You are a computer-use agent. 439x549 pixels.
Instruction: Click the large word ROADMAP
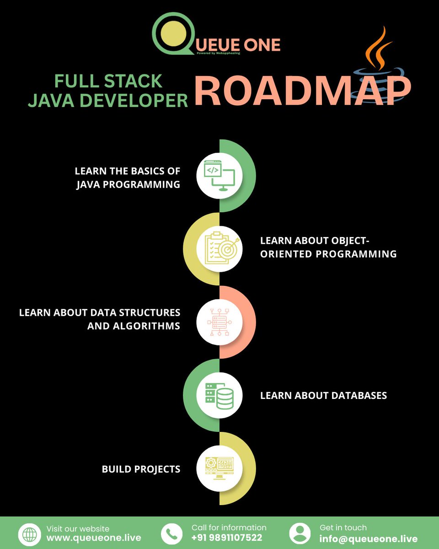click(302, 92)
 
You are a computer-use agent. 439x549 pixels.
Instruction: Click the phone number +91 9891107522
click(227, 538)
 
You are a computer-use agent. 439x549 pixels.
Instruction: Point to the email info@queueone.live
click(369, 538)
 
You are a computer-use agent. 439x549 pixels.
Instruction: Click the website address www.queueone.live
click(94, 538)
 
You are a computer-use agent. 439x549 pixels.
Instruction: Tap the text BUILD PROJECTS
click(141, 469)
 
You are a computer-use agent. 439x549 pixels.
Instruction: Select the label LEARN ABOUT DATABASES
click(323, 395)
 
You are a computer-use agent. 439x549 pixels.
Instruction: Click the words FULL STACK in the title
click(108, 81)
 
